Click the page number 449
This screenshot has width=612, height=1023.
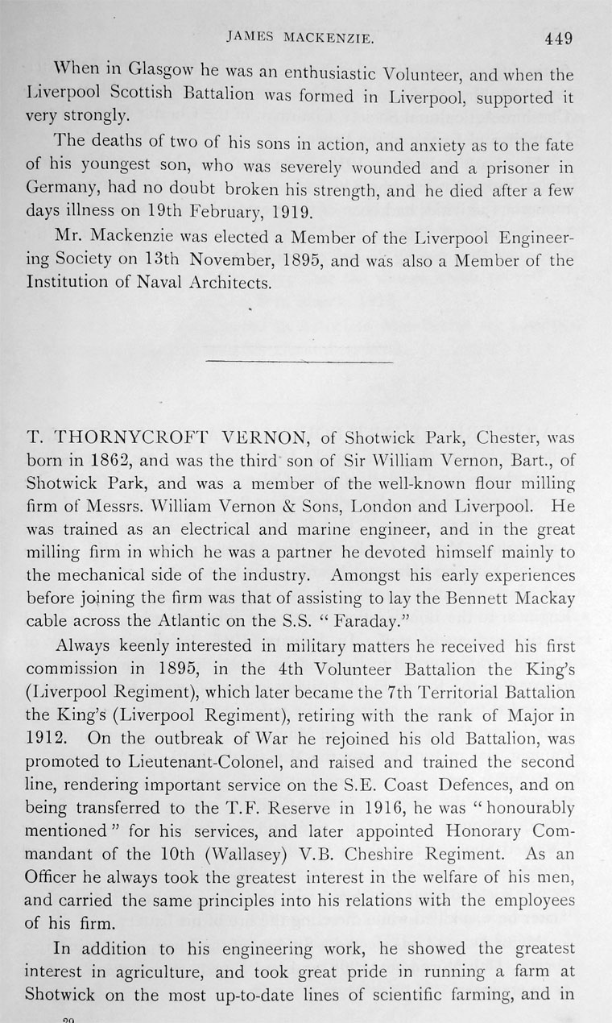tap(557, 37)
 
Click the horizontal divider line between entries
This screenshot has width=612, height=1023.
tap(300, 361)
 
